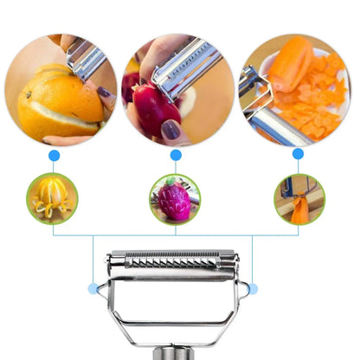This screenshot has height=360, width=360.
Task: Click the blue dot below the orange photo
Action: [54, 155]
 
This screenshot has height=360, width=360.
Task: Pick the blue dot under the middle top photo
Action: [176, 155]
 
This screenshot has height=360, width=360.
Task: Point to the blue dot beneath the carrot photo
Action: [298, 154]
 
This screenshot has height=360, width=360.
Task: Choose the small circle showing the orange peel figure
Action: [52, 198]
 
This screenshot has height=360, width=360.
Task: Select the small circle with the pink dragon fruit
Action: [175, 198]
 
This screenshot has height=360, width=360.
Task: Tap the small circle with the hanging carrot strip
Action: [299, 198]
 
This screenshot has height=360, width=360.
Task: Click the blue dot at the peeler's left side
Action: [93, 288]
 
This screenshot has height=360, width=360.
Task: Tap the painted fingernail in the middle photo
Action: [170, 130]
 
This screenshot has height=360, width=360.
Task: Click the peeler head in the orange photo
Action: [87, 61]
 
